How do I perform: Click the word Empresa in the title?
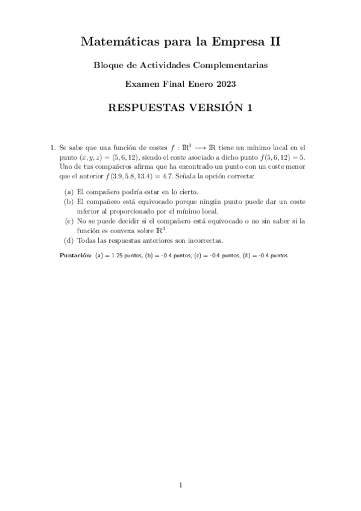pos(242,42)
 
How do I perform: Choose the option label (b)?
pos(69,201)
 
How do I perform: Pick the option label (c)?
pos(69,221)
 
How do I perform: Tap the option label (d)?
pos(69,240)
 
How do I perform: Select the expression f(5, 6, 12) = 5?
pos(282,157)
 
